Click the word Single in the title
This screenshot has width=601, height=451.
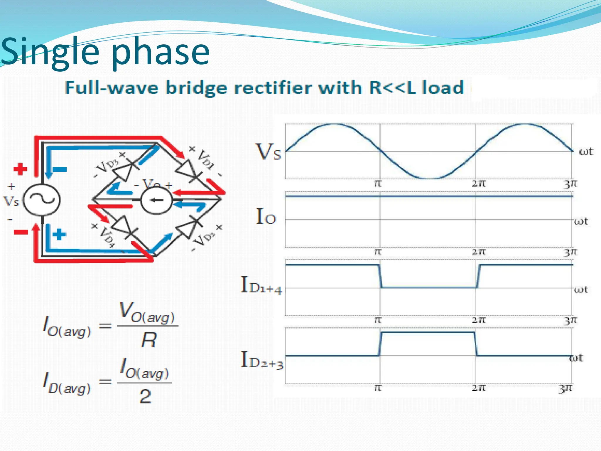coord(50,52)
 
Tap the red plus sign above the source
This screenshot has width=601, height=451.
coord(20,169)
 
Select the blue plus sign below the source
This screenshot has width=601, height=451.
coord(59,234)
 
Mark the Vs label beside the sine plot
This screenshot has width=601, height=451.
coord(268,152)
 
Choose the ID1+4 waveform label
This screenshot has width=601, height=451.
coord(261,286)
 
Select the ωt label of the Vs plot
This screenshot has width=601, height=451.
coord(586,152)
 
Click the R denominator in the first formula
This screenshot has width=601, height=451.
coord(149,341)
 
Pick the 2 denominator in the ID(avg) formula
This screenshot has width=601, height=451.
coord(145,396)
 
